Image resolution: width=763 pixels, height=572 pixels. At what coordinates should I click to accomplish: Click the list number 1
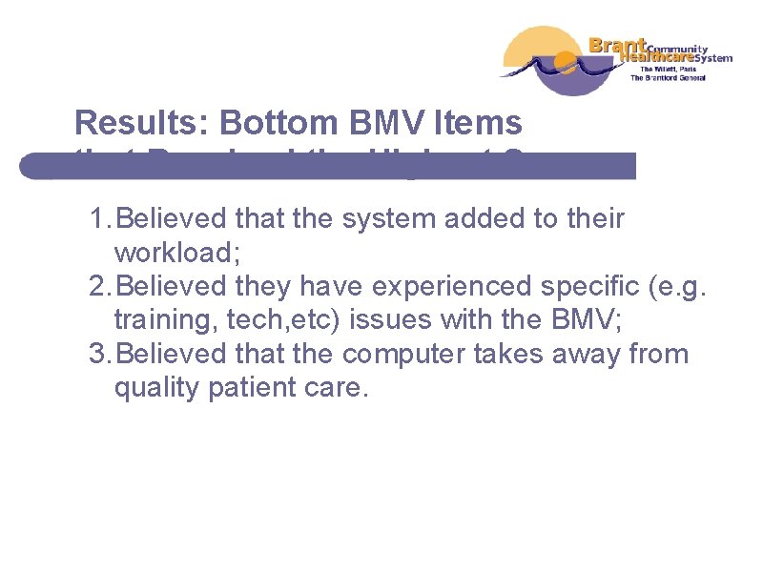[x=95, y=219]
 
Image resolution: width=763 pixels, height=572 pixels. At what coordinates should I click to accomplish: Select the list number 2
[x=95, y=287]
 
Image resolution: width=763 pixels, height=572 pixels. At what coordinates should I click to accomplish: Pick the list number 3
[x=95, y=355]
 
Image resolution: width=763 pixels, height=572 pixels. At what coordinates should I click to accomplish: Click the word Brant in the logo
[x=618, y=44]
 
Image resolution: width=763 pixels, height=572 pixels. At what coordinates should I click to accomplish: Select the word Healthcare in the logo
[x=654, y=57]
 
